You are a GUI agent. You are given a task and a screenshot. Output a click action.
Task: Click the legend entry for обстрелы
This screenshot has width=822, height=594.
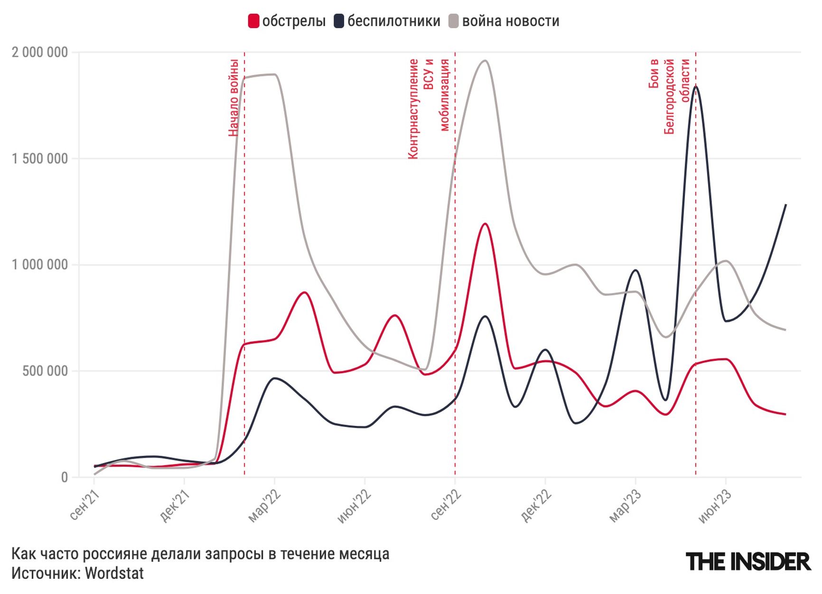[287, 21]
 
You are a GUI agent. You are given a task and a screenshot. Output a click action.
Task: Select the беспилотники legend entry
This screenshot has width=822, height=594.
[387, 21]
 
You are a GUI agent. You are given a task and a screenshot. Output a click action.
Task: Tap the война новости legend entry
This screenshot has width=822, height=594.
[504, 21]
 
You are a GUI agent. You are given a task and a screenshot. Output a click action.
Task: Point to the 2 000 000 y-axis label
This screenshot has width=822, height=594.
[40, 52]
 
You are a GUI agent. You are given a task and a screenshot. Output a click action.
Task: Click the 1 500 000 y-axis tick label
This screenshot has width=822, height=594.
[40, 159]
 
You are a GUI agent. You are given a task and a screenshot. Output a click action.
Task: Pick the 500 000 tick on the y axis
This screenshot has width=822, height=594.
[45, 371]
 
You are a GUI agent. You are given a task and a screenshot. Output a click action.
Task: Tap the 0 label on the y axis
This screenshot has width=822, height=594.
[65, 477]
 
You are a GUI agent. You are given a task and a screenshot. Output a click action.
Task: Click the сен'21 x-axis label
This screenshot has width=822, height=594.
[84, 507]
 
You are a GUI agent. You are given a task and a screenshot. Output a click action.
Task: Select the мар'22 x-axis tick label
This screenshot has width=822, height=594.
[264, 507]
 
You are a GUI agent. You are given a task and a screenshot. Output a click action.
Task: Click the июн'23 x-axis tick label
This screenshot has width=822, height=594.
[715, 508]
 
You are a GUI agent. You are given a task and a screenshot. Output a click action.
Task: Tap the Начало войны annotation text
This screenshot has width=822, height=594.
[233, 97]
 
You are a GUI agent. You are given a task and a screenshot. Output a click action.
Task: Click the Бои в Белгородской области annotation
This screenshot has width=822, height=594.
[669, 96]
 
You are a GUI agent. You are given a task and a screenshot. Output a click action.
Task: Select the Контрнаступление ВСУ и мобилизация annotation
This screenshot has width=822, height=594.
[429, 108]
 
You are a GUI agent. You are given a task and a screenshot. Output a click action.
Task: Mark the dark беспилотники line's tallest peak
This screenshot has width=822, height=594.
[696, 87]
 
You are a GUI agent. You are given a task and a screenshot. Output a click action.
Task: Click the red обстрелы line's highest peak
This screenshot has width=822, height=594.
[485, 224]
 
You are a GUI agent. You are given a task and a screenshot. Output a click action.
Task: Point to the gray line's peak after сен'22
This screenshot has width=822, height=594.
[485, 61]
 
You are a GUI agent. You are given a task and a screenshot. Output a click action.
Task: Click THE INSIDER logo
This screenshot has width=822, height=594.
[748, 562]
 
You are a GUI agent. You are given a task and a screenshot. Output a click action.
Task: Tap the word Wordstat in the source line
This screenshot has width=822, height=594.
[114, 573]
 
